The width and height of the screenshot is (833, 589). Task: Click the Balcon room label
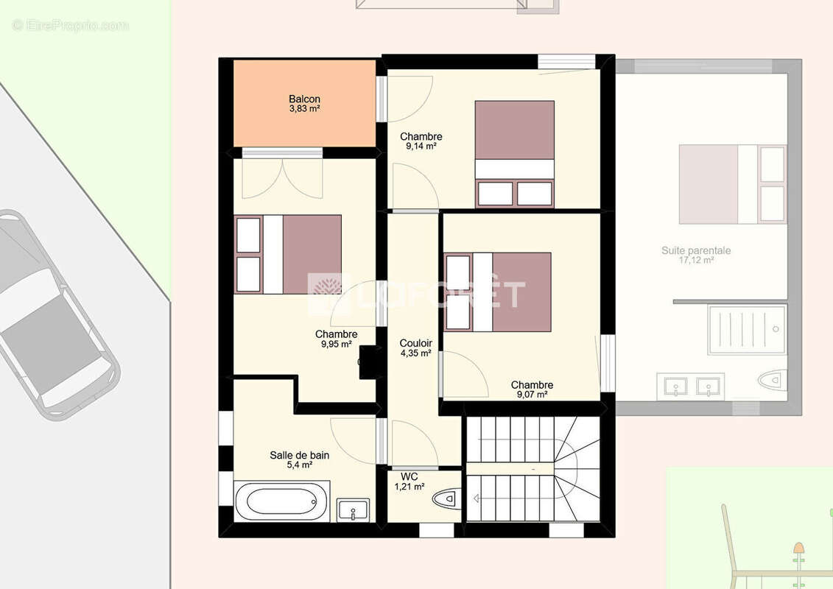(x=304, y=99)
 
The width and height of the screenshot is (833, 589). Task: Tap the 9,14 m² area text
(x=421, y=146)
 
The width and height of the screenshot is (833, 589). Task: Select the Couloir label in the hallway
(x=415, y=343)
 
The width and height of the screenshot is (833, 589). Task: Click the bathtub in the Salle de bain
(x=282, y=501)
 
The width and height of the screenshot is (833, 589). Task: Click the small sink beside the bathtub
(x=354, y=510)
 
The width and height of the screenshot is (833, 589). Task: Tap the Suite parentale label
(x=696, y=250)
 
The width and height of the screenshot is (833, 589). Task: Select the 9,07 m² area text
(x=533, y=395)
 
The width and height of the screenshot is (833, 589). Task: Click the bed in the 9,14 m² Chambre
(x=514, y=154)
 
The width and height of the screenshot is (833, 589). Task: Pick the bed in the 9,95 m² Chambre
(x=288, y=255)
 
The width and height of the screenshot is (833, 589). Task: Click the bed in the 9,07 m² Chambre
(x=498, y=292)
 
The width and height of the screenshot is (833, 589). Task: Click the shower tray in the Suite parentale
(x=747, y=329)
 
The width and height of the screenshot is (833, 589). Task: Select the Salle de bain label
(x=300, y=455)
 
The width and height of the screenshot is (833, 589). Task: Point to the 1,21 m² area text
(x=410, y=487)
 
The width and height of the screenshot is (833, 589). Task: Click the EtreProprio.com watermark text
(x=70, y=25)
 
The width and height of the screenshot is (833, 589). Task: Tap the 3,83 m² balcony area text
(x=304, y=108)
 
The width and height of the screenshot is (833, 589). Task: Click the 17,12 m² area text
(x=696, y=260)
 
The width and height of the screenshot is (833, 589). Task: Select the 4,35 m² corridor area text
(x=415, y=353)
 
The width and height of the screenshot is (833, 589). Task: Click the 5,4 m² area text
(x=300, y=465)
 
